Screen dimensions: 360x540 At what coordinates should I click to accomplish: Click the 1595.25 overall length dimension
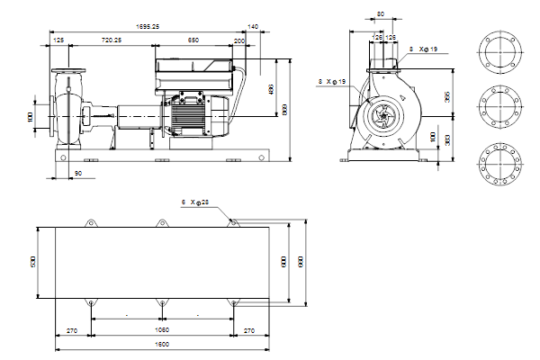[x=142, y=28]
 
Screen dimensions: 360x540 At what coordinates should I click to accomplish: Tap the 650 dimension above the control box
[x=194, y=40]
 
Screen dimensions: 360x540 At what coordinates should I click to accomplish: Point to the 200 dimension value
[x=238, y=40]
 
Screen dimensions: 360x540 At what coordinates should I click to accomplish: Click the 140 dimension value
[x=253, y=28]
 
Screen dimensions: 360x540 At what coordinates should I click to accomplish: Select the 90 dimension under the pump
[x=77, y=171]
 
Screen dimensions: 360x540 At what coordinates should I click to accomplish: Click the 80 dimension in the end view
[x=381, y=14]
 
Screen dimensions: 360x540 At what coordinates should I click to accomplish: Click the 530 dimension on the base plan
[x=33, y=262]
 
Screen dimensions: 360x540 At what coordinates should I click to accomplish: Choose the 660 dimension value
[x=301, y=261]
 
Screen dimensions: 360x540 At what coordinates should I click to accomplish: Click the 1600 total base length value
[x=162, y=344]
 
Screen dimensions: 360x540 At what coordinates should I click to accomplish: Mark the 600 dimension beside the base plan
[x=283, y=261]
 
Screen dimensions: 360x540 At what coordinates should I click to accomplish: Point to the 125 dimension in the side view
[x=58, y=40]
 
